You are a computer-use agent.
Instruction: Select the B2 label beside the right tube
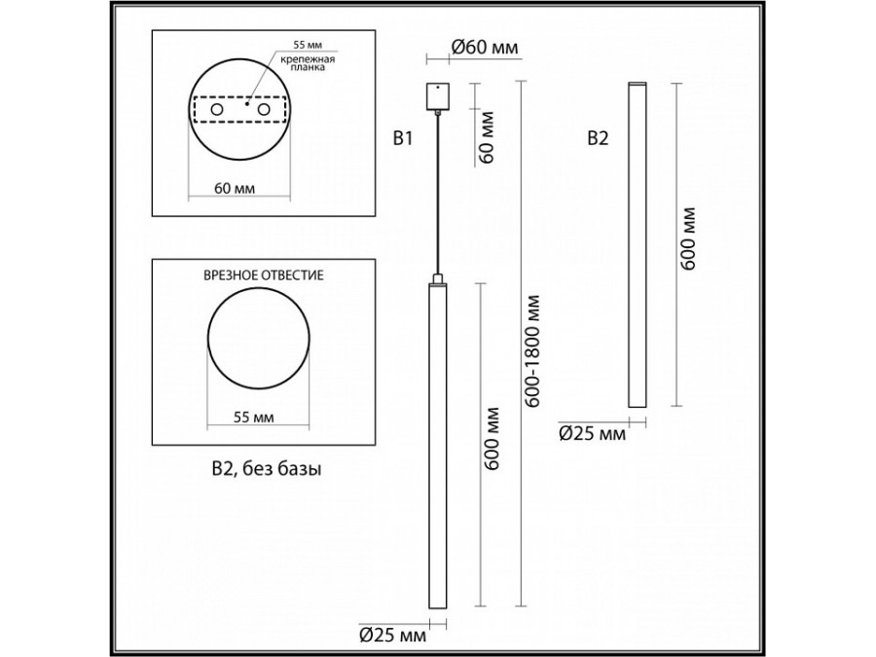[x=598, y=139]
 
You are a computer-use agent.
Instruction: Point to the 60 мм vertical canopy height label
[x=488, y=139]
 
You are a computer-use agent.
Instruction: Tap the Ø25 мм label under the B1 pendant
[x=393, y=636]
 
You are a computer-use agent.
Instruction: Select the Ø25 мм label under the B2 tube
[x=592, y=435]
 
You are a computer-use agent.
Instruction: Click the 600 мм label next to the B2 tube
[x=689, y=239]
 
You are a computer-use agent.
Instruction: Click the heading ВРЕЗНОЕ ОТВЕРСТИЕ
[x=263, y=276]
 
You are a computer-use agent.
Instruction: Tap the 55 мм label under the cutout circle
[x=256, y=417]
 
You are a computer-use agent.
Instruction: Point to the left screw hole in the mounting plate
[x=216, y=113]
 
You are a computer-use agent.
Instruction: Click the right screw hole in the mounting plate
[x=263, y=113]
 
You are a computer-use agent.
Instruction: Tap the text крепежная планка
[x=308, y=66]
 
